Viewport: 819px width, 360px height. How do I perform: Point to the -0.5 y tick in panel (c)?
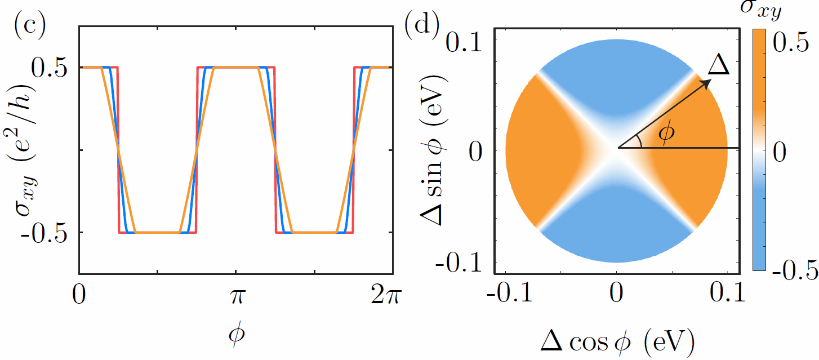(x=47, y=233)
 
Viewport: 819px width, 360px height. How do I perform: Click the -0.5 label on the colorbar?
(x=795, y=269)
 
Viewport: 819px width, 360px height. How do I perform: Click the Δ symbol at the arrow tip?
(x=718, y=65)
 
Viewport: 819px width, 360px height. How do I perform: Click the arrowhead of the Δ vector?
(x=706, y=82)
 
